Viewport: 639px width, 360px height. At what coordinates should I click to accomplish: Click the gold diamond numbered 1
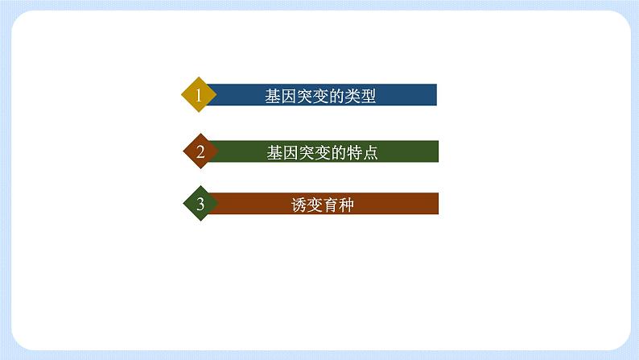(x=199, y=96)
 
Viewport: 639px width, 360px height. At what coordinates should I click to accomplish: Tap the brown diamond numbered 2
(x=200, y=151)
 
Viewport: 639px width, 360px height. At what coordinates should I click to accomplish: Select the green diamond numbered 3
(x=200, y=205)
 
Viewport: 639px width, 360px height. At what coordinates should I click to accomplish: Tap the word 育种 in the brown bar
(x=337, y=205)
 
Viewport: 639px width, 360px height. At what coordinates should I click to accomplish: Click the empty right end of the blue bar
(x=414, y=95)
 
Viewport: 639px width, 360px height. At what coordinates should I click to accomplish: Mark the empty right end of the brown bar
(x=414, y=204)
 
